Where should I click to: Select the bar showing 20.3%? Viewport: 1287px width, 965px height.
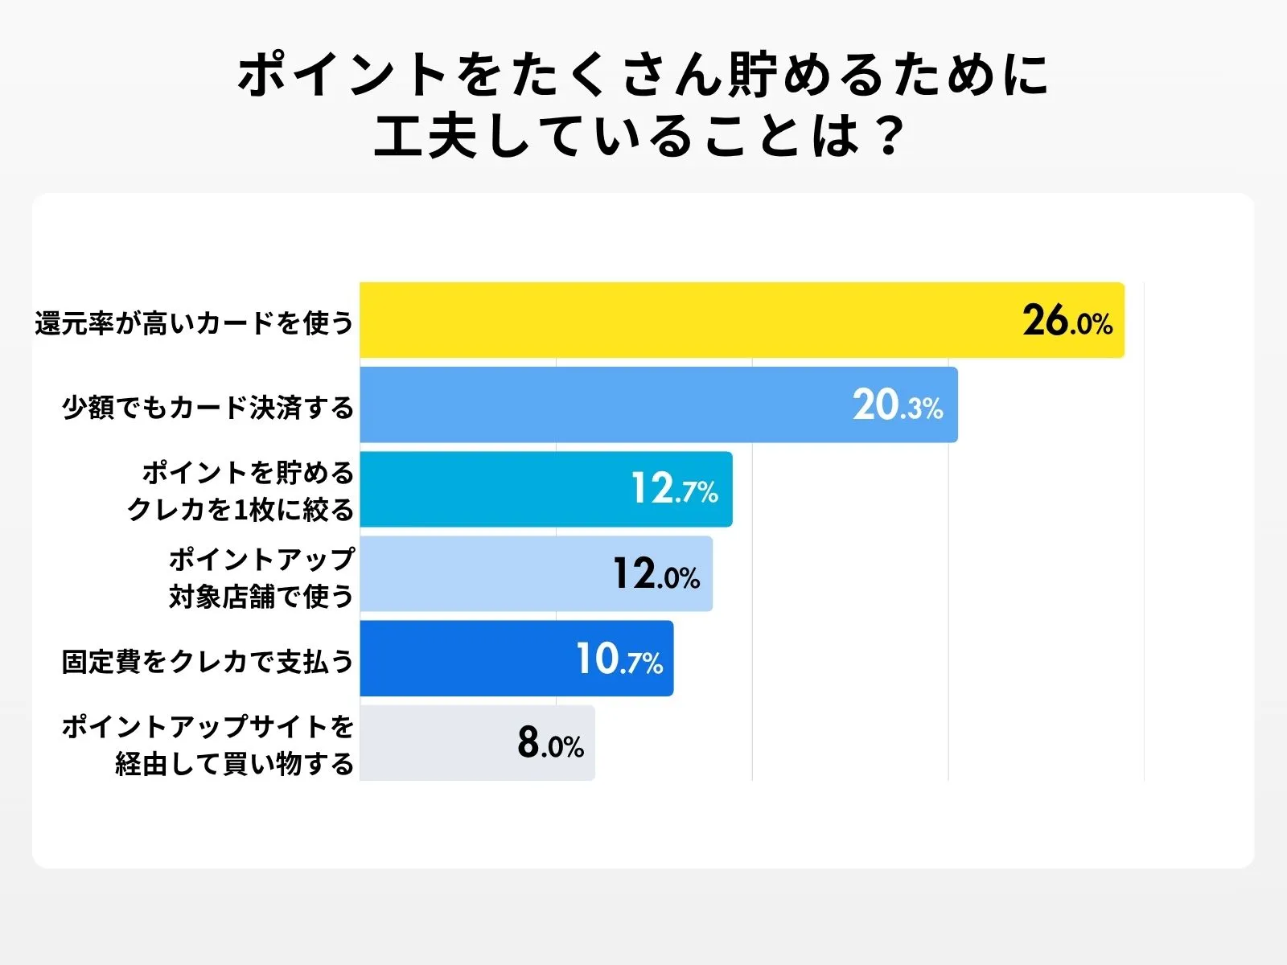[x=603, y=404]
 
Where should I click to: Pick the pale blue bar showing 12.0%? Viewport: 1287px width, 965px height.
[x=483, y=573]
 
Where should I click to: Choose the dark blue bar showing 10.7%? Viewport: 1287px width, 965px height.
[x=467, y=658]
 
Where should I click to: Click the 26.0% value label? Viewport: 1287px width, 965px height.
[x=1067, y=321]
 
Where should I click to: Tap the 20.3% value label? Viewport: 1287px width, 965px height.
[x=898, y=405]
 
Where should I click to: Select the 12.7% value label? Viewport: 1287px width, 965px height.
[x=674, y=489]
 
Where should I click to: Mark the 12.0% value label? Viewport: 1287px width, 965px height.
[x=656, y=574]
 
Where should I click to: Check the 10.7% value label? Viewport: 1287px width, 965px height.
[x=619, y=659]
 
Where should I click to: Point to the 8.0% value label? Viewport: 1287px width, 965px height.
[x=550, y=744]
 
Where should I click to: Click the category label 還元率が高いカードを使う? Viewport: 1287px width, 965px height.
[x=195, y=323]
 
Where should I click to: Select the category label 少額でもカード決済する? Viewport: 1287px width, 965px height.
[x=208, y=408]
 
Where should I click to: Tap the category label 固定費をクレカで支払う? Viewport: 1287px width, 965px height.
[x=208, y=662]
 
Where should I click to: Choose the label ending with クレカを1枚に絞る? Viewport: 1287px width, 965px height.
[x=240, y=510]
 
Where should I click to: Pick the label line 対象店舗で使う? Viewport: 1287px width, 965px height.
[x=261, y=597]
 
